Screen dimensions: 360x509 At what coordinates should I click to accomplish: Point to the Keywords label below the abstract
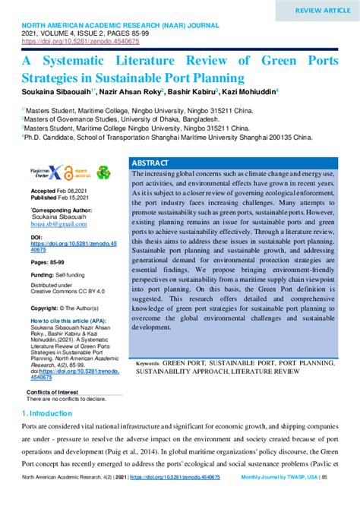point(153,364)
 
